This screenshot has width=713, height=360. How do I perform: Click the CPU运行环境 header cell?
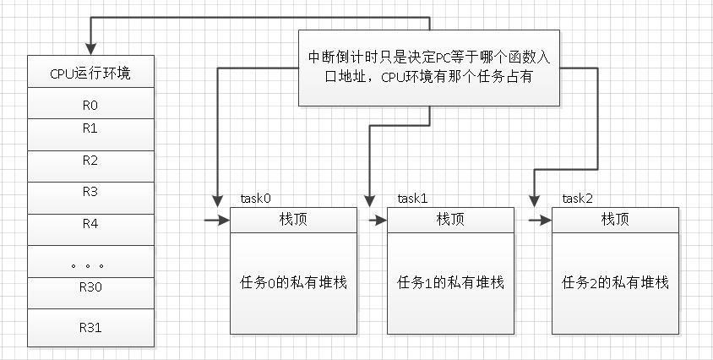coord(90,73)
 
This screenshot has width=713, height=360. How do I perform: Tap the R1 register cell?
coord(90,134)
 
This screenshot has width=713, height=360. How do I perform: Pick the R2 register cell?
coord(90,165)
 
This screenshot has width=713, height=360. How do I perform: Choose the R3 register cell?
coord(90,197)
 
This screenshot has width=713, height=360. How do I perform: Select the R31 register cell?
coord(90,327)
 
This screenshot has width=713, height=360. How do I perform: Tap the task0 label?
coord(255,199)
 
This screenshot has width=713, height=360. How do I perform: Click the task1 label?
coord(412,199)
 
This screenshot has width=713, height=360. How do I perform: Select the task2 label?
coord(577,199)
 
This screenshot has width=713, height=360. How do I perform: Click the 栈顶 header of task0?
coord(293,220)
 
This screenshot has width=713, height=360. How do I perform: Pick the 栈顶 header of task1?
coord(449,220)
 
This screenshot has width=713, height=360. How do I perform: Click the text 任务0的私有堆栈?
coord(293,282)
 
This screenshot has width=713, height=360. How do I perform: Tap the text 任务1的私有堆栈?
coord(449,282)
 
